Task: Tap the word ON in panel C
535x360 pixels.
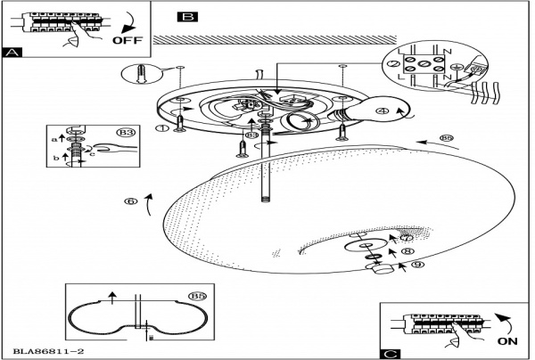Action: pos(506,340)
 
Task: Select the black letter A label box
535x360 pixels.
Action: pos(12,53)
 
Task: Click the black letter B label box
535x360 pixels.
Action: pos(188,16)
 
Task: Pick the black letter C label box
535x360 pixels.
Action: pos(390,353)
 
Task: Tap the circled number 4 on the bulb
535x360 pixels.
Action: pos(382,111)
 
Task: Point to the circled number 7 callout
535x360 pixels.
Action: pos(407,238)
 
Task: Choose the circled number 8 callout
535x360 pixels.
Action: pos(408,252)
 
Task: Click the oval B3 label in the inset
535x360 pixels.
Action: pos(127,133)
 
